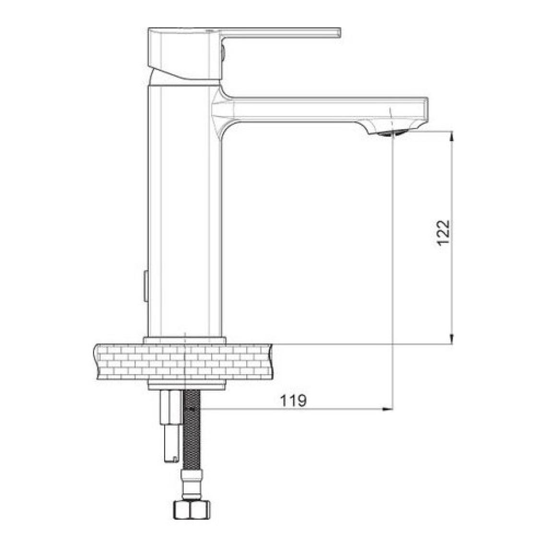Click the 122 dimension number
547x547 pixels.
tap(444, 233)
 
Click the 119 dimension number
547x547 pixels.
tap(293, 401)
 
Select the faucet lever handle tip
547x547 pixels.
tap(340, 33)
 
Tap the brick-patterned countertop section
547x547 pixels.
tap(183, 362)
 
